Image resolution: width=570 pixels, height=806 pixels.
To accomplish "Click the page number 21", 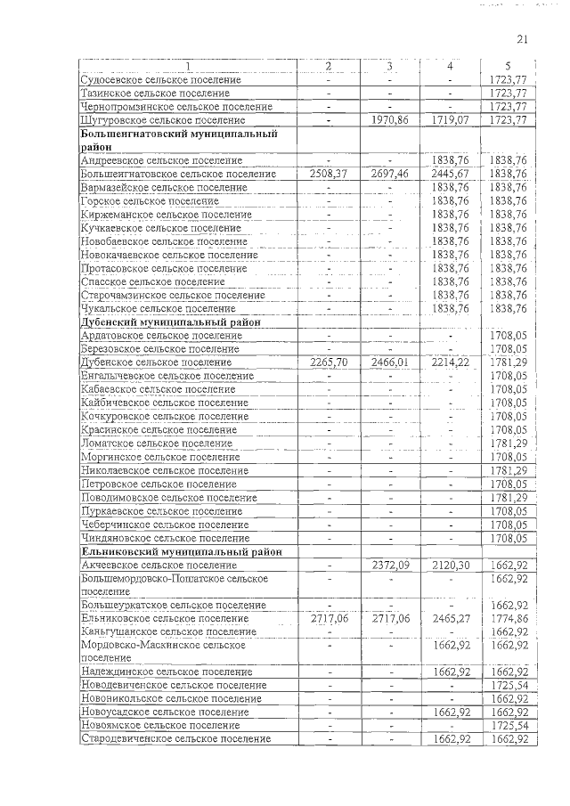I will coord(523,38).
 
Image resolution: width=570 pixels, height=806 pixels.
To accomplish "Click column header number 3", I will coord(389,67).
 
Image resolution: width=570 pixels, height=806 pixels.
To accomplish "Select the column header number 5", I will coord(508,67).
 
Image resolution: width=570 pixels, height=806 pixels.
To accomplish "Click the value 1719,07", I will coord(450,119).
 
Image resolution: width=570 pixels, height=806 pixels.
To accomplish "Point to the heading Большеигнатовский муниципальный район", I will coord(175,139).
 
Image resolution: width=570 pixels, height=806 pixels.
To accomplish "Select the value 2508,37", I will coord(328,174).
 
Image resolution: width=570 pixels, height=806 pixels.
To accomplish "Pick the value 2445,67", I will coord(450,174).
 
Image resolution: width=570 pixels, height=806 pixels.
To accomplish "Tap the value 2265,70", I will coord(328,362).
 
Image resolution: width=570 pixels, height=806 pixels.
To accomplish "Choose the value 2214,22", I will coord(450,362).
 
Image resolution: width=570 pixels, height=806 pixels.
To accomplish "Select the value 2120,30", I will coord(450,565).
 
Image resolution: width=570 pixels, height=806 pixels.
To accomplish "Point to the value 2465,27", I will coord(450,618).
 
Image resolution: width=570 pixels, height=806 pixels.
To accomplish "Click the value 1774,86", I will coord(508,618).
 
